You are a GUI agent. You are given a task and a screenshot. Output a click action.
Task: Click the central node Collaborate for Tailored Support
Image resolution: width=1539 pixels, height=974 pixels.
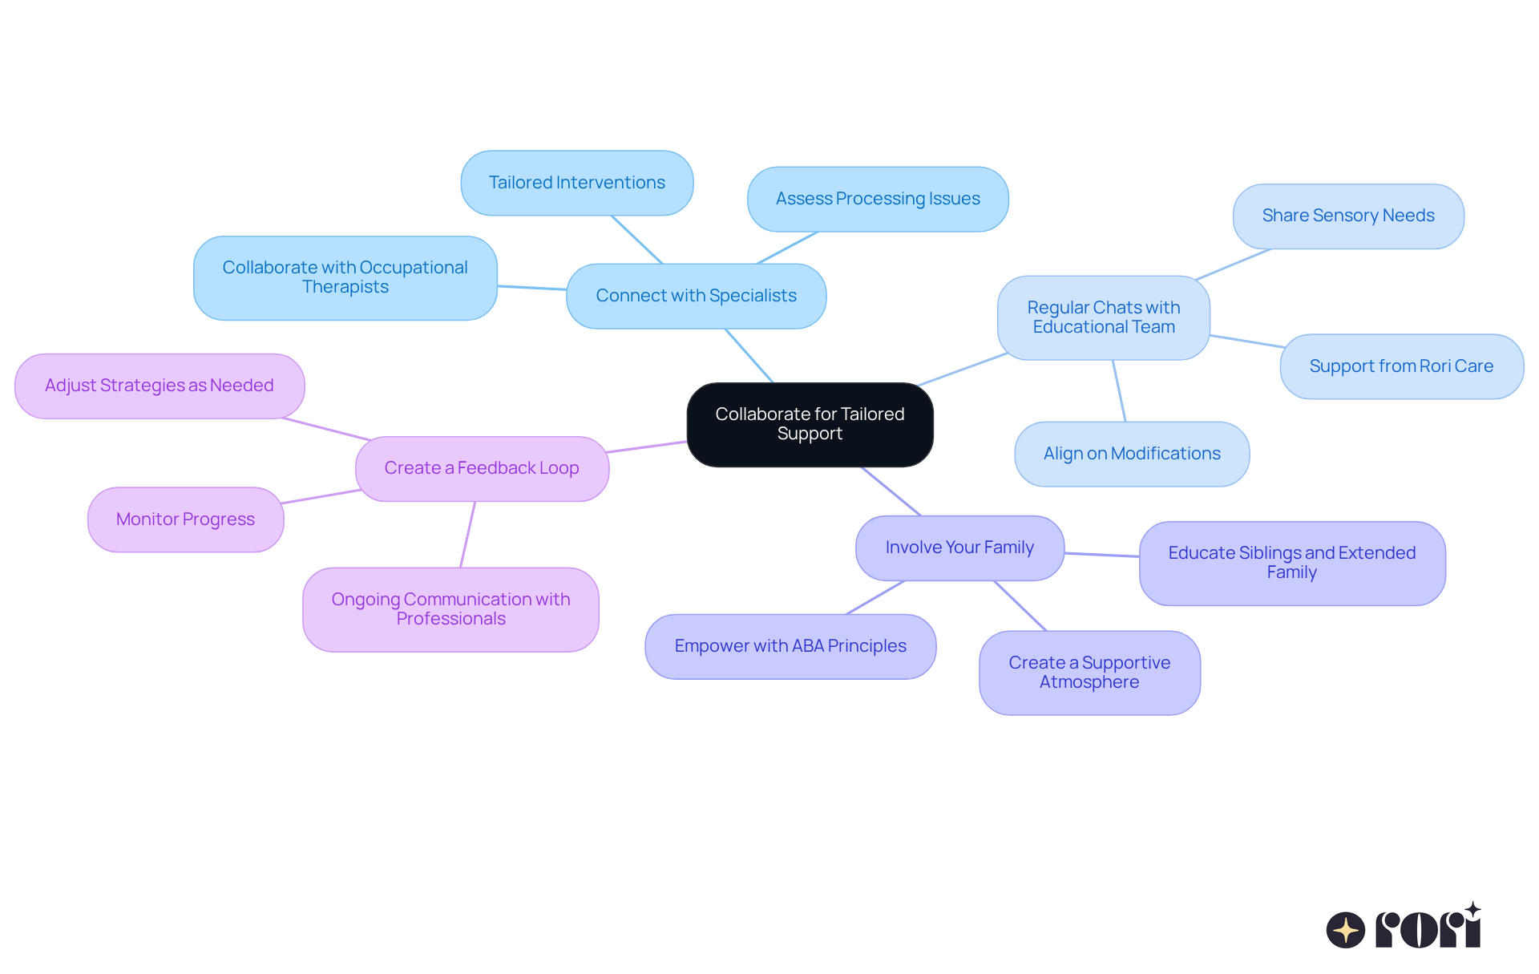pos(810,424)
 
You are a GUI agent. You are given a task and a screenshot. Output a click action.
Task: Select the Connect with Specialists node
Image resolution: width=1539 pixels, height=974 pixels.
pos(696,296)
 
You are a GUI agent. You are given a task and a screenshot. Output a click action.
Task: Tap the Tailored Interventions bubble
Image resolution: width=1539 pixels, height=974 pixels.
pos(577,183)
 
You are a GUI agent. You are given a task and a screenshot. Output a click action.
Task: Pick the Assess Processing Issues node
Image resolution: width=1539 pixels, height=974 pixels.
pos(878,199)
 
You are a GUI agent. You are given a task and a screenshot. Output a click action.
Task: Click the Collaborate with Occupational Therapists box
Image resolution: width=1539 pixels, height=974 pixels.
pos(345,277)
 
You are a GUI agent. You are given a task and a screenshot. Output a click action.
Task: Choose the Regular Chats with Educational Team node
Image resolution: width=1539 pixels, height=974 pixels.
pos(1104,317)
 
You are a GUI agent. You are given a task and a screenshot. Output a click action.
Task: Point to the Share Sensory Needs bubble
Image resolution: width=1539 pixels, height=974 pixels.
pos(1348,216)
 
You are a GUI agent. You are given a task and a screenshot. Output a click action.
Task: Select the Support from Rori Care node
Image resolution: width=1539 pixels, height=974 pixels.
pos(1401,366)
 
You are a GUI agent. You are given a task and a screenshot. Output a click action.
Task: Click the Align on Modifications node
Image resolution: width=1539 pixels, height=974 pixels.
pos(1132,454)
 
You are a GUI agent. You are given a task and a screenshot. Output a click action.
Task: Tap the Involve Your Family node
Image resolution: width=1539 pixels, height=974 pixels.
pos(959,548)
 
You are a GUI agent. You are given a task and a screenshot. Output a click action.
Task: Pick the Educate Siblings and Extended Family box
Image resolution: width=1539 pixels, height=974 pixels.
pos(1292,563)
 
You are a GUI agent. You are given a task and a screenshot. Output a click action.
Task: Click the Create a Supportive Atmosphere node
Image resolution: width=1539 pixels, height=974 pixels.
pos(1089,673)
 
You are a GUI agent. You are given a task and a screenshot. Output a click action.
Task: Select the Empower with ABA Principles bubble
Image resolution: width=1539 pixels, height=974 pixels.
pos(790,646)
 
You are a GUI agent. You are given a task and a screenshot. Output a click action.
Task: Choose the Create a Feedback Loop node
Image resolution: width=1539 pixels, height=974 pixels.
pos(482,468)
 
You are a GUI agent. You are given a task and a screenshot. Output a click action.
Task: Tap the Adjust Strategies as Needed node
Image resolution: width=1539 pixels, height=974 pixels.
pos(160,386)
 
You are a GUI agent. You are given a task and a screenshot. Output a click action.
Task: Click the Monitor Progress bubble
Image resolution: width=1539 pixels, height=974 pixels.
pos(185,519)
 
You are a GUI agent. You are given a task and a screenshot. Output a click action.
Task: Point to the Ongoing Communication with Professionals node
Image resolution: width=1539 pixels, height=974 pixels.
pos(450,609)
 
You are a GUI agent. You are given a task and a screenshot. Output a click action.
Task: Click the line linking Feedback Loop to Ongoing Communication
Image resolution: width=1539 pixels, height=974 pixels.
pos(467,535)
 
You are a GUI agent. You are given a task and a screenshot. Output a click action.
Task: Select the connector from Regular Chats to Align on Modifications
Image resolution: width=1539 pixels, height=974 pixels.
pos(1119,391)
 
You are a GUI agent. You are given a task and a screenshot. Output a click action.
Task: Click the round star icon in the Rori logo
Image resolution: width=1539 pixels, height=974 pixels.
pos(1346,930)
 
